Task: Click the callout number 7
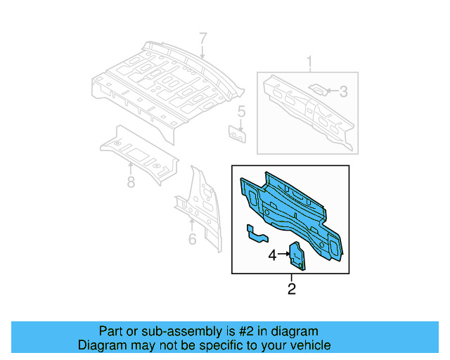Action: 202,39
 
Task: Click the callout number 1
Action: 308,65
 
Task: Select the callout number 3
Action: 343,91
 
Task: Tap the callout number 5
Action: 241,111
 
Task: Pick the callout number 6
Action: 192,240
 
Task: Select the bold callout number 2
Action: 291,289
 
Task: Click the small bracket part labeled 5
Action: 237,133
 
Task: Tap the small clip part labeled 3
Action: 318,89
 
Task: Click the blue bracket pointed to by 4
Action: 297,256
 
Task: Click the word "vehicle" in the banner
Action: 307,345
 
